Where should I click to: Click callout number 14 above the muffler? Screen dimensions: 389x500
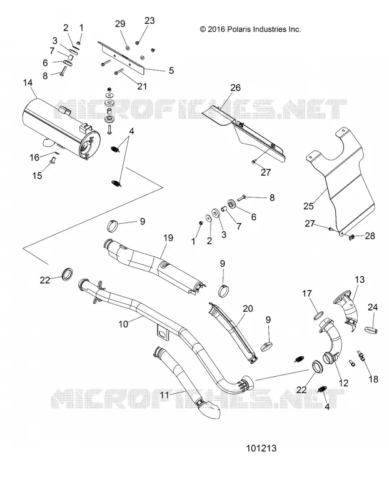pyautogui.click(x=28, y=82)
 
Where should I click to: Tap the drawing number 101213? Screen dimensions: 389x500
pyautogui.click(x=261, y=448)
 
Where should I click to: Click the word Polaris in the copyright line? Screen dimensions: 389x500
pyautogui.click(x=240, y=29)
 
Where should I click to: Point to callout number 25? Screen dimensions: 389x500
pyautogui.click(x=308, y=206)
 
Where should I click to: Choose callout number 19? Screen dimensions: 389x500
pyautogui.click(x=168, y=238)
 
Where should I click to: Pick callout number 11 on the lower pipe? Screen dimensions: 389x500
pyautogui.click(x=164, y=395)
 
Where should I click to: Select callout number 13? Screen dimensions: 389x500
pyautogui.click(x=360, y=279)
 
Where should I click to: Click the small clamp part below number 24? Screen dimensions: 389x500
pyautogui.click(x=371, y=330)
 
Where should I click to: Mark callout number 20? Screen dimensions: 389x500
pyautogui.click(x=248, y=308)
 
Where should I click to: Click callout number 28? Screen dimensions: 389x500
pyautogui.click(x=370, y=236)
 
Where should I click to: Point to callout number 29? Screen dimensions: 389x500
pyautogui.click(x=120, y=24)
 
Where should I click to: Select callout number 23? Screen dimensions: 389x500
pyautogui.click(x=149, y=21)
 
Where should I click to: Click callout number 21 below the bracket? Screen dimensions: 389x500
pyautogui.click(x=142, y=86)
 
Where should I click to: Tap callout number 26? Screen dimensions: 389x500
pyautogui.click(x=236, y=87)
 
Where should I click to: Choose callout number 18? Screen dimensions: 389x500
pyautogui.click(x=373, y=379)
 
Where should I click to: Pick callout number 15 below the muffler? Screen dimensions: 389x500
pyautogui.click(x=38, y=176)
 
